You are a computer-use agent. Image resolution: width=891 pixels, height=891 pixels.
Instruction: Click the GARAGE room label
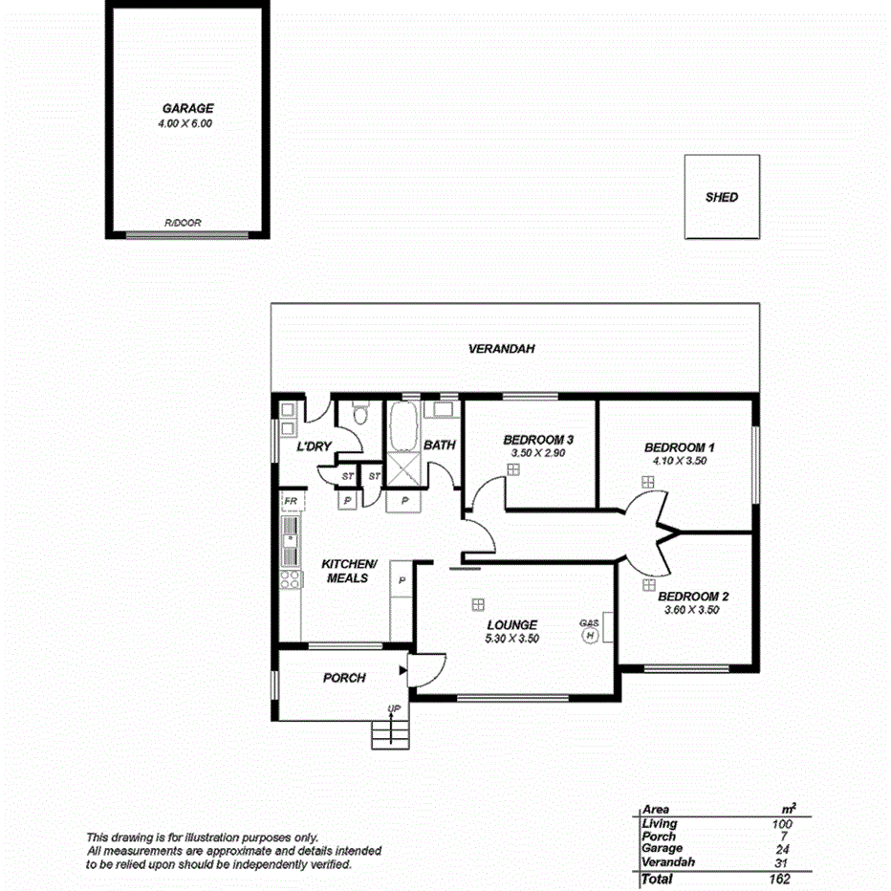(x=186, y=109)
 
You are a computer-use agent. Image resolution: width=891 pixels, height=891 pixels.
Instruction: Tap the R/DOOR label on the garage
(x=183, y=223)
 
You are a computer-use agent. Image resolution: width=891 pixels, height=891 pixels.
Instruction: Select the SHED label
(x=721, y=198)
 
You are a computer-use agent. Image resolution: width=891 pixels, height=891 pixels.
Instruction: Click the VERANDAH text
(x=501, y=349)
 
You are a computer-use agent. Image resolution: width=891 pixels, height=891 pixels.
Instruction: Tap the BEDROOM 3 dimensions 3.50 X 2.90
(x=538, y=453)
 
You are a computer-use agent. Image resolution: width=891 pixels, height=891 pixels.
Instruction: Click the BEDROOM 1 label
(x=679, y=447)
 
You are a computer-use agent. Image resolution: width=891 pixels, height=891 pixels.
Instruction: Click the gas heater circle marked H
(x=590, y=636)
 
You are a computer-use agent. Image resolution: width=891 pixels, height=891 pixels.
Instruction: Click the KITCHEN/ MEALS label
(x=347, y=571)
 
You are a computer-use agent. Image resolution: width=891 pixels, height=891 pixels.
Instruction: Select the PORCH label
(x=344, y=678)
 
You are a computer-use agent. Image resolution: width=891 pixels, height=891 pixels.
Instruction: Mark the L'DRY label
(x=314, y=446)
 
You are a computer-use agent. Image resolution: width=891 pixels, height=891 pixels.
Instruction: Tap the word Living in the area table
(x=660, y=823)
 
